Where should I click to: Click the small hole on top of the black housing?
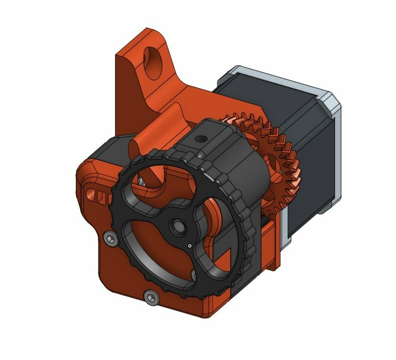[200, 139]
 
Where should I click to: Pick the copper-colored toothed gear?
[277, 158]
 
